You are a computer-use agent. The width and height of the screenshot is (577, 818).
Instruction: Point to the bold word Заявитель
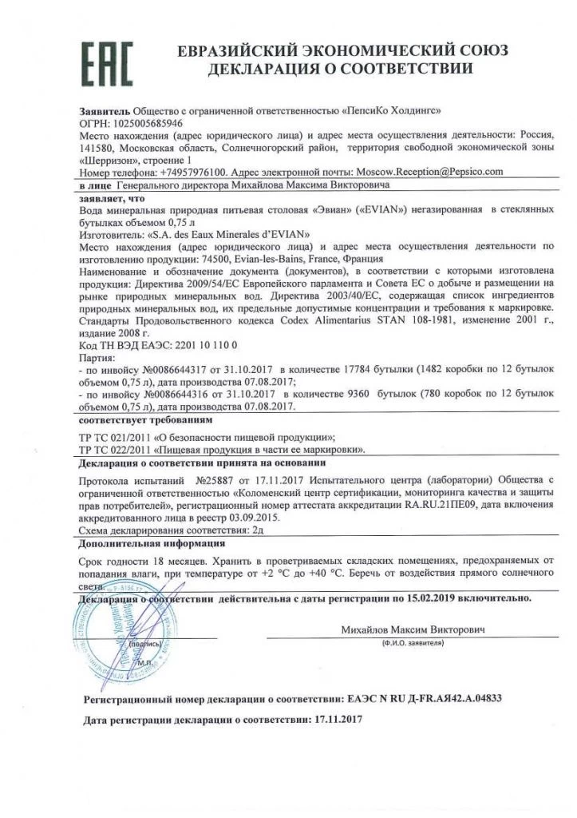105,111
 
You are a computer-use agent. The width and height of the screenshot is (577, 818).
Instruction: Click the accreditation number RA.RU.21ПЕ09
439,505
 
